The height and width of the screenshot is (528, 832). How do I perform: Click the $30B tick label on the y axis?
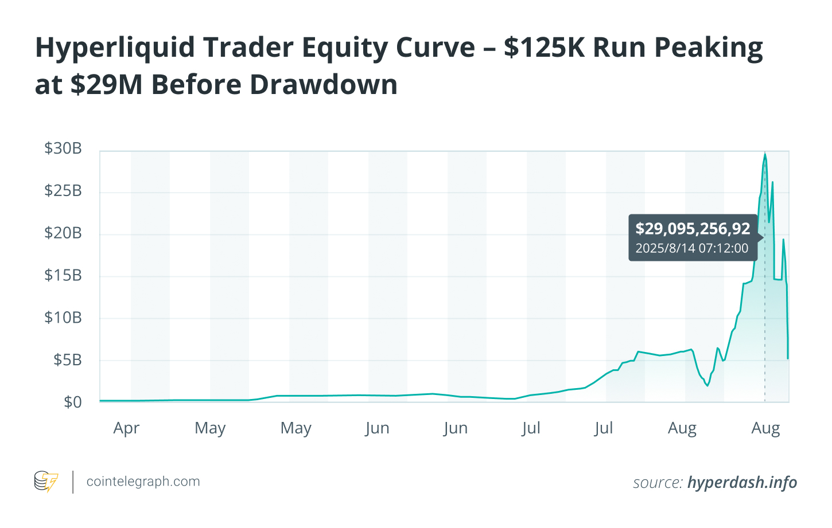pos(63,148)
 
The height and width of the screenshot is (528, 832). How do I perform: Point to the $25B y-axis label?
pos(63,190)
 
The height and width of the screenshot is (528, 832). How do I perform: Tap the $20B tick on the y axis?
pos(63,233)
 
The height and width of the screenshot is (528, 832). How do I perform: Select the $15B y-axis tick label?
pos(63,275)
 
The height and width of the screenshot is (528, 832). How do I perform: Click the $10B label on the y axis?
pos(63,318)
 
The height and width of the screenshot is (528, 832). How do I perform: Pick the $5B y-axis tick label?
pos(68,360)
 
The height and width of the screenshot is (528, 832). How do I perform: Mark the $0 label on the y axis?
pos(73,402)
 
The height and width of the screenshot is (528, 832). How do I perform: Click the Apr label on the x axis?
pos(126,428)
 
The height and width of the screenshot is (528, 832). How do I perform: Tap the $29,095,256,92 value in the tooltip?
pos(693,229)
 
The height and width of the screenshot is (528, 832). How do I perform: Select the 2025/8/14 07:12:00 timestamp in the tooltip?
pos(691,248)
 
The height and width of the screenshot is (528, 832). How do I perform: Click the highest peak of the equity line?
pos(765,154)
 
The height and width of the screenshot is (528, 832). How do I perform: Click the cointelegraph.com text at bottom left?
pos(143,482)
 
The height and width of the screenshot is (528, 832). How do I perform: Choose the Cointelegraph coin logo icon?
pos(46,482)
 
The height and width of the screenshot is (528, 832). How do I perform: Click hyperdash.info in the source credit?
pos(742,483)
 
